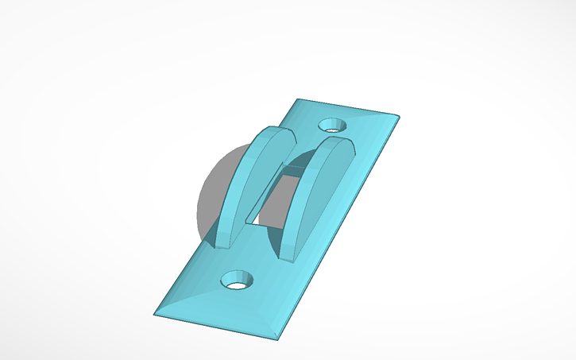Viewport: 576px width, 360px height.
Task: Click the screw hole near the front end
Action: (x=236, y=280)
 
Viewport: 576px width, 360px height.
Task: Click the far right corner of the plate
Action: (x=398, y=118)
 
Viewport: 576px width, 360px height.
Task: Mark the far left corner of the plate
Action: (x=297, y=99)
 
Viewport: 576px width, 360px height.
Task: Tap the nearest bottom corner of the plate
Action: (x=278, y=339)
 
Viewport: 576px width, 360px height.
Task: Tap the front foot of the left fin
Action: (x=219, y=242)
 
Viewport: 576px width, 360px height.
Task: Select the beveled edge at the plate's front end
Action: (x=215, y=326)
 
